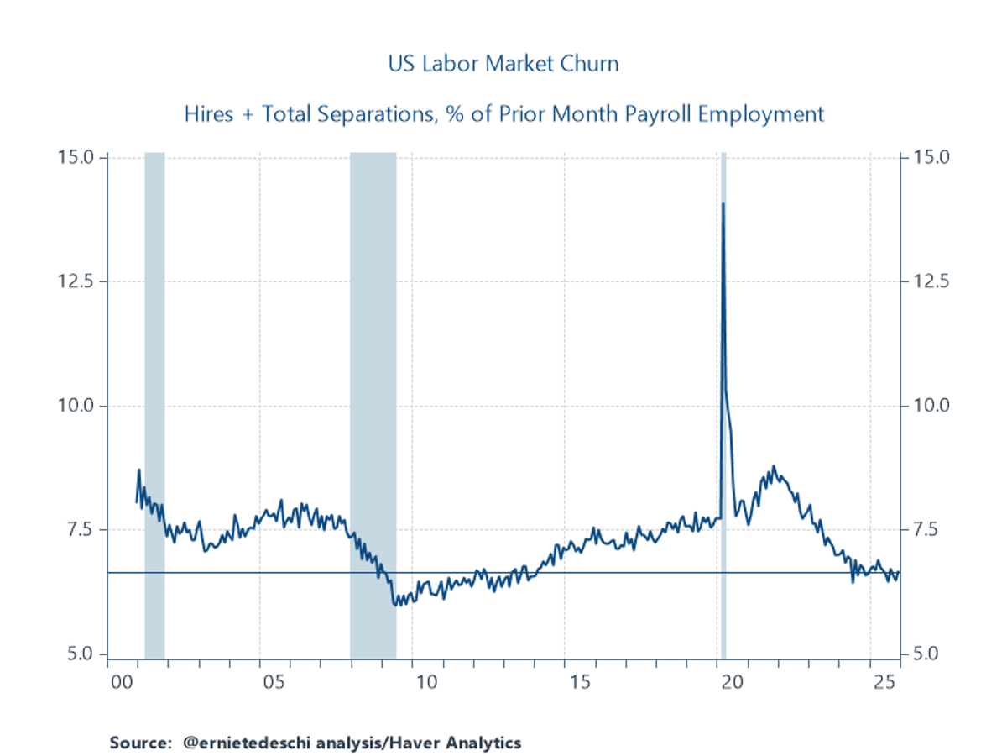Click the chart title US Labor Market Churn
(503, 64)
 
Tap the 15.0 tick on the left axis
(82, 157)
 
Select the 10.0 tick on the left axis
(82, 406)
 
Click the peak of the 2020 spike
(723, 203)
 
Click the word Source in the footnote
(137, 743)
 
